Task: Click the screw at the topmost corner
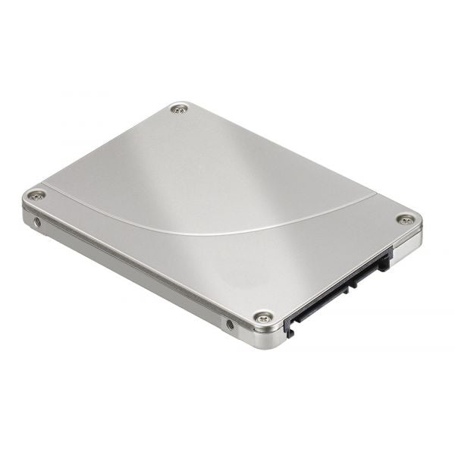pyautogui.click(x=179, y=109)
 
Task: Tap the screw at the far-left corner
pyautogui.click(x=36, y=195)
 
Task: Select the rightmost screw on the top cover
pyautogui.click(x=406, y=219)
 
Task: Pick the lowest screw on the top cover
pyautogui.click(x=262, y=316)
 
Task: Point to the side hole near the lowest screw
pyautogui.click(x=230, y=325)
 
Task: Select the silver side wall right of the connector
pyautogui.click(x=406, y=244)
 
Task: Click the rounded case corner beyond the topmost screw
pyautogui.click(x=176, y=102)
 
